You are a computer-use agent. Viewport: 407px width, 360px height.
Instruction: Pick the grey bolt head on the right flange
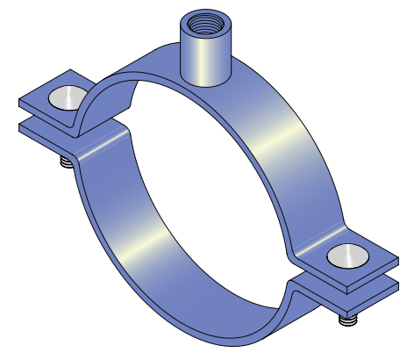344,256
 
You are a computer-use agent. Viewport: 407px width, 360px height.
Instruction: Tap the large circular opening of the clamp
211,176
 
